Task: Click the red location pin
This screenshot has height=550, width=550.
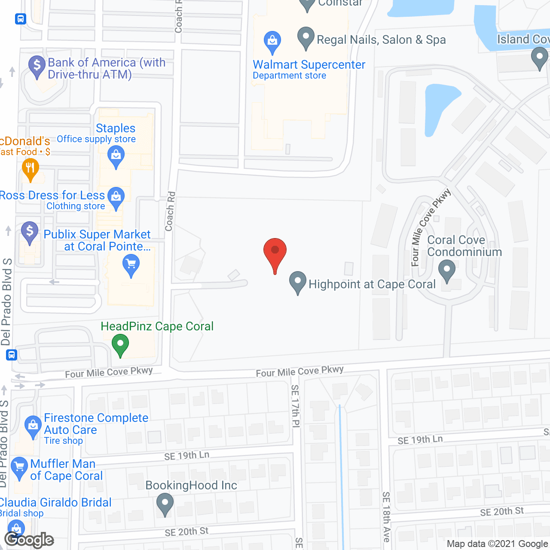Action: (x=275, y=251)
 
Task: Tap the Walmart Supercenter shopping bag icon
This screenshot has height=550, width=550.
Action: (x=272, y=41)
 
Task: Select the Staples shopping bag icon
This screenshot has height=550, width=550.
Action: (x=116, y=155)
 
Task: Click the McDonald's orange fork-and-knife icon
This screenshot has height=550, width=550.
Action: (x=30, y=168)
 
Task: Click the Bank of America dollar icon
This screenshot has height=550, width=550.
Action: (x=37, y=66)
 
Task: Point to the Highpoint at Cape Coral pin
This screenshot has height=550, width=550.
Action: (x=297, y=281)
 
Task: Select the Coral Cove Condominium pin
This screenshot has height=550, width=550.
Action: (x=447, y=270)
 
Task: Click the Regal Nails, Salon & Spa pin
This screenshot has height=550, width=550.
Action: (x=306, y=37)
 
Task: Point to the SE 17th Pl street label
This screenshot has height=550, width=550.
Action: (x=295, y=406)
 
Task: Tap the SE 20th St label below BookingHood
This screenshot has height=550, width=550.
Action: (x=186, y=532)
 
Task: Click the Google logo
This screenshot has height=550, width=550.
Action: (x=29, y=540)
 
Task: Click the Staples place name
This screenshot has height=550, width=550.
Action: (x=116, y=128)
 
